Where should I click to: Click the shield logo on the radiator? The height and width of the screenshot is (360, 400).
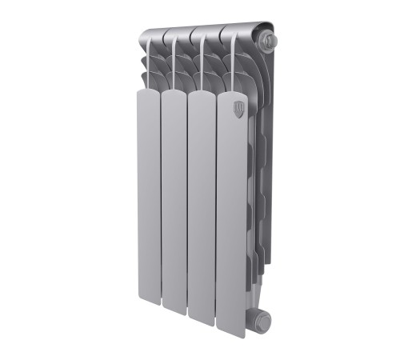(238, 110)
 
